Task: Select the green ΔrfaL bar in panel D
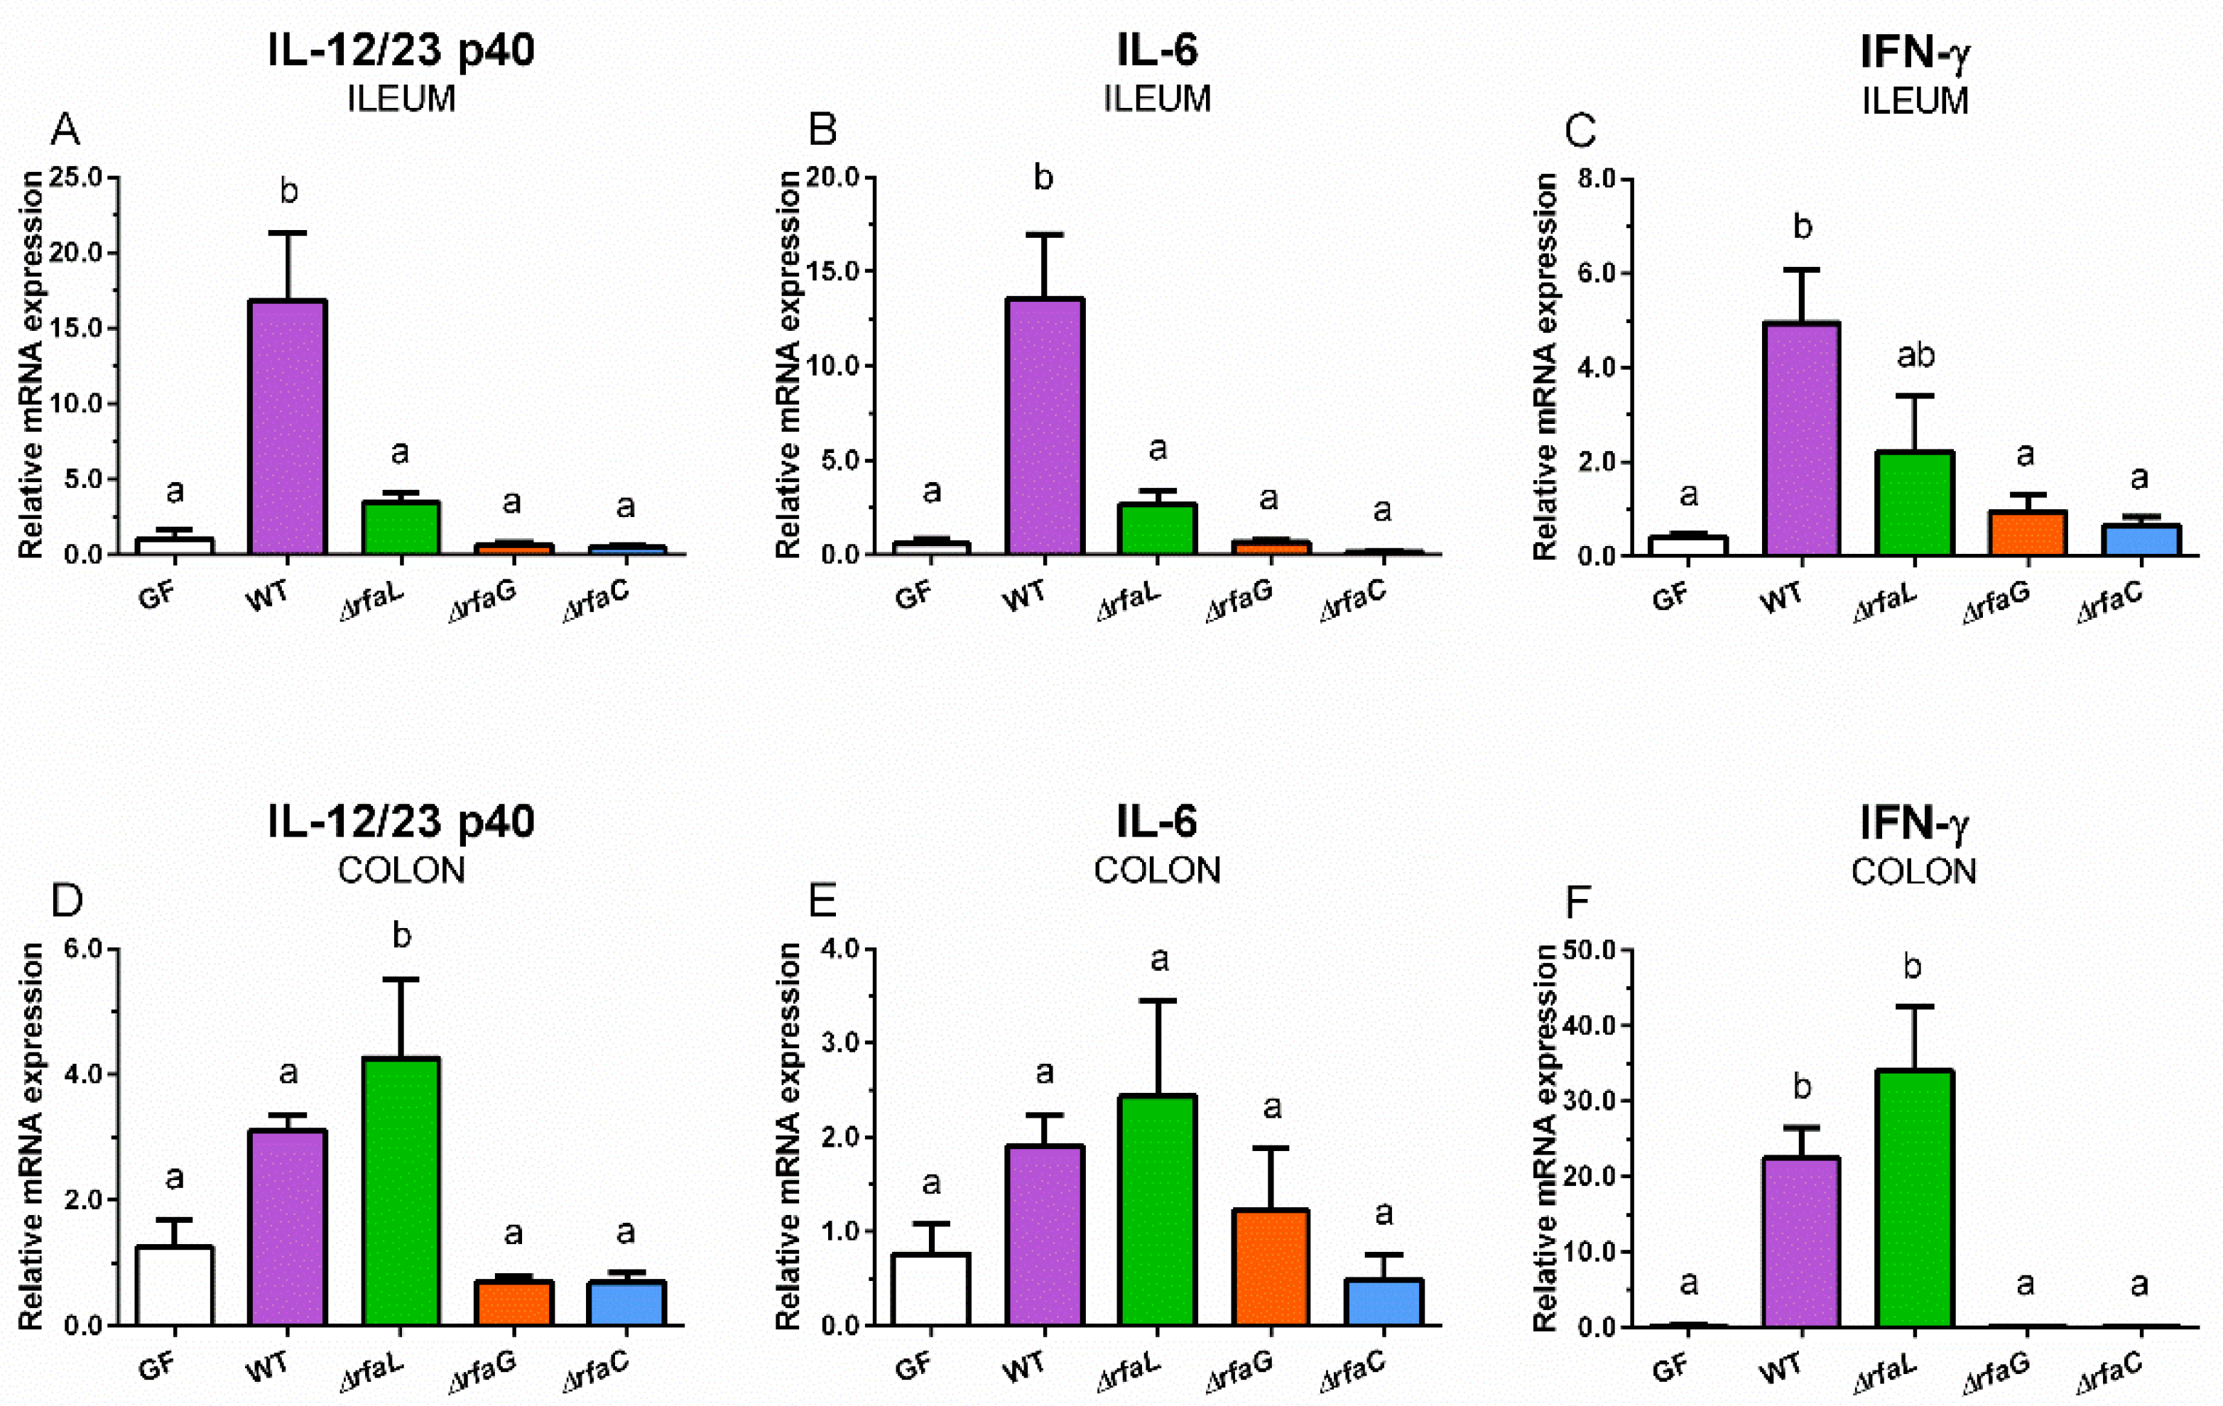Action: coord(401,1191)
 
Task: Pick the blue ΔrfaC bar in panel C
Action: coord(2140,540)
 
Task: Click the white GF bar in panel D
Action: coord(175,1285)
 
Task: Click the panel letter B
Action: coord(822,130)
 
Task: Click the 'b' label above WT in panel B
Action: coord(1043,178)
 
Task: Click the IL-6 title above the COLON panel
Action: coord(1157,821)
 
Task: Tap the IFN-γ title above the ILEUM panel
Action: coord(1914,52)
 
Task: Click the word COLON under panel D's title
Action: coord(401,871)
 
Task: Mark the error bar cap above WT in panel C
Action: coord(1802,270)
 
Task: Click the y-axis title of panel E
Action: coord(788,1135)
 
